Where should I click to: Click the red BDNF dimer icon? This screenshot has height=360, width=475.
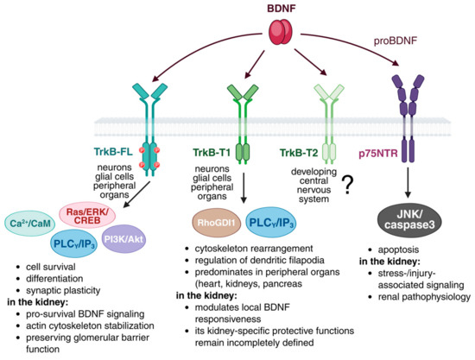tap(282, 32)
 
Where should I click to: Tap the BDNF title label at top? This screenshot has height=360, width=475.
tap(282, 8)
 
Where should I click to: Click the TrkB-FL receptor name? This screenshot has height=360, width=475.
tap(114, 152)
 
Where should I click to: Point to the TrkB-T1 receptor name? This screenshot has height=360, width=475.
tap(212, 153)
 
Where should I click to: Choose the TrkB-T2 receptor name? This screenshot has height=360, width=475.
tap(299, 153)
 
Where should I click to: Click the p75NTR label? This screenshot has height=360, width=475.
tap(377, 154)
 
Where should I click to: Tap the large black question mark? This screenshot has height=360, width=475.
tap(348, 186)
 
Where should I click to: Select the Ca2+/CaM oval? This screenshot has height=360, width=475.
tap(30, 224)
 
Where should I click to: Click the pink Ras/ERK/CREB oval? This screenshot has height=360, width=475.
tap(87, 216)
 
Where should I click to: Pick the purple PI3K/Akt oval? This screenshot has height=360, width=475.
tap(123, 239)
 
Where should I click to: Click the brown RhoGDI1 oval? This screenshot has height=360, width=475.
tap(217, 223)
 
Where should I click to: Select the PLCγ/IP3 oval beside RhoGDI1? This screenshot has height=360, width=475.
tap(271, 223)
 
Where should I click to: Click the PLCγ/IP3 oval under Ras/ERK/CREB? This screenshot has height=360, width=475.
tap(74, 243)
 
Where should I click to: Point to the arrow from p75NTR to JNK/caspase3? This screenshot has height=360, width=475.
tap(408, 182)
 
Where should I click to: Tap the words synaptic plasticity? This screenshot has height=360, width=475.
tap(63, 290)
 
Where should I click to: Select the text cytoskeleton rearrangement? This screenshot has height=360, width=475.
tap(254, 249)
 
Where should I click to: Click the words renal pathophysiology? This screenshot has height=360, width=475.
tap(424, 297)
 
